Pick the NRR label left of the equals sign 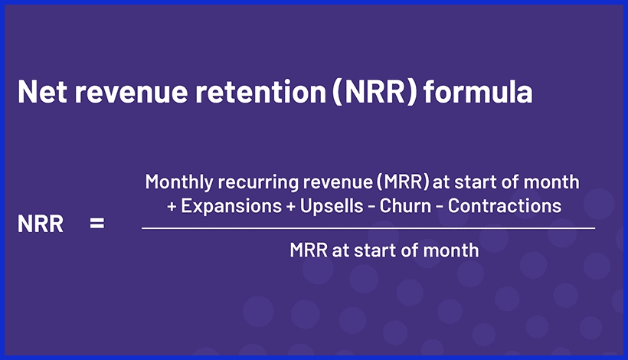click(40, 226)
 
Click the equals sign click(96, 226)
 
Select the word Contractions click(505, 205)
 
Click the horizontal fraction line click(368, 227)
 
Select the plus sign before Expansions click(172, 206)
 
